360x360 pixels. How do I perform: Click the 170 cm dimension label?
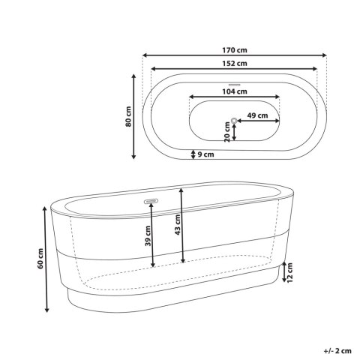235,50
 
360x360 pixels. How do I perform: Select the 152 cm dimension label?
235,64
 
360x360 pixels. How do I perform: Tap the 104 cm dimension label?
235,91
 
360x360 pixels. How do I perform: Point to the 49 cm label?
257,115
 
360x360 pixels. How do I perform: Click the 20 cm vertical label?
227,132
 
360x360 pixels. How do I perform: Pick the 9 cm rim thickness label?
206,154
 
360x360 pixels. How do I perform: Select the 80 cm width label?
128,116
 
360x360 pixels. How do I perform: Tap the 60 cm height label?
40,259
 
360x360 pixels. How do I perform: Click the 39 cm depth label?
148,236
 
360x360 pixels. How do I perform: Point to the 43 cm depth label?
178,225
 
